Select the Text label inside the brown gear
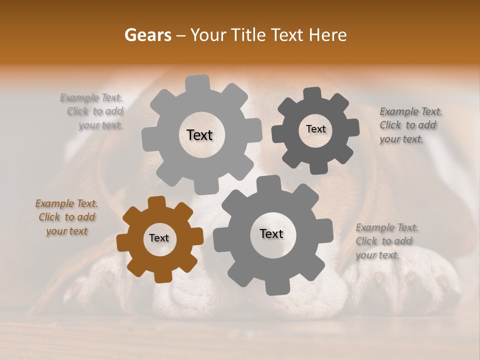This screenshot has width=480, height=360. [x=159, y=238]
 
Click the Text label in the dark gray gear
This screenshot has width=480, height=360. [x=315, y=129]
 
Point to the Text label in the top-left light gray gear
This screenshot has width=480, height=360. [x=199, y=135]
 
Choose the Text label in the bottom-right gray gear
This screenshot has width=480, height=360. [x=271, y=234]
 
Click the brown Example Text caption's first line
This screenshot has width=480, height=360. [x=66, y=203]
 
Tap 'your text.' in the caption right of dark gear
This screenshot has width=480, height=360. [x=401, y=139]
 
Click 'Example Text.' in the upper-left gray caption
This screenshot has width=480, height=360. [x=91, y=97]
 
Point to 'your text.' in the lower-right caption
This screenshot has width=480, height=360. [x=377, y=255]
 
